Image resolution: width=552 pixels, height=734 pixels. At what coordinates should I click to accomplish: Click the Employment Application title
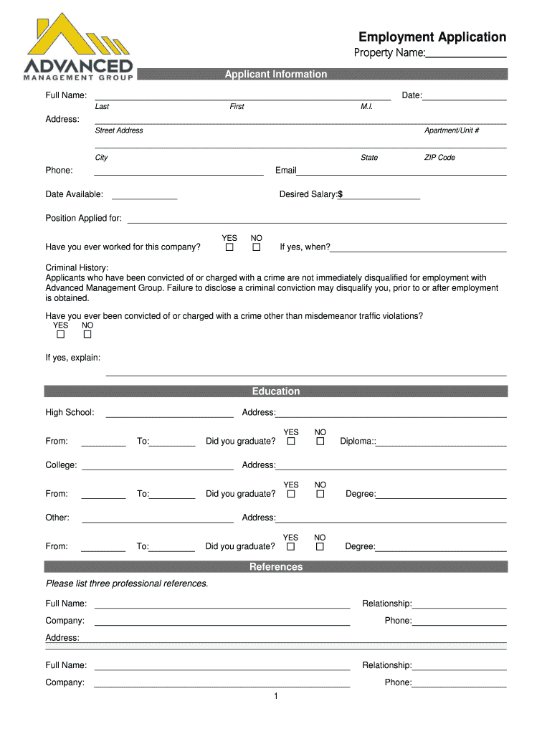coord(432,37)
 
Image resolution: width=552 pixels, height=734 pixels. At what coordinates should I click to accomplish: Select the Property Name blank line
coord(467,54)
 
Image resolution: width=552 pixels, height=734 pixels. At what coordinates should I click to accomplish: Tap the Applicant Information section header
coord(276,75)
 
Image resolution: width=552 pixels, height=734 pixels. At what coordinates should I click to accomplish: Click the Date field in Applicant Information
coord(465,96)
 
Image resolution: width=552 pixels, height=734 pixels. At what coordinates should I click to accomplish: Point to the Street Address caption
coord(119,130)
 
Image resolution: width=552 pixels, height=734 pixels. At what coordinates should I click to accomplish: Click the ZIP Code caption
coord(439,158)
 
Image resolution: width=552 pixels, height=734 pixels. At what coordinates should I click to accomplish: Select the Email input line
coord(401,171)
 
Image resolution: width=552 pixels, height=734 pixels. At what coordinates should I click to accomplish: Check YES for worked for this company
coord(229,248)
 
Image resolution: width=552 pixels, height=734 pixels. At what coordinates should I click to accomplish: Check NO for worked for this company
coord(256,248)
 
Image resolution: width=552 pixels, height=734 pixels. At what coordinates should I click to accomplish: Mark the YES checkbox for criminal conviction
coord(61,335)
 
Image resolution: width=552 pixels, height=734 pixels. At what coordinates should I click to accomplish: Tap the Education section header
coord(276,391)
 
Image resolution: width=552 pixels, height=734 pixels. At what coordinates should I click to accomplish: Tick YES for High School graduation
coord(291,442)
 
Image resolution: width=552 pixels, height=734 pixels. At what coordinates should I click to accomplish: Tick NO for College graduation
coord(320,494)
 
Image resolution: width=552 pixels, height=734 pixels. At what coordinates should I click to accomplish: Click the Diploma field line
coord(442,442)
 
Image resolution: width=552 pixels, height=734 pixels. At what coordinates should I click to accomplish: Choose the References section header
coord(276,567)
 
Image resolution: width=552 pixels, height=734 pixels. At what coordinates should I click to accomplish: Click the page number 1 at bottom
coord(275,696)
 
